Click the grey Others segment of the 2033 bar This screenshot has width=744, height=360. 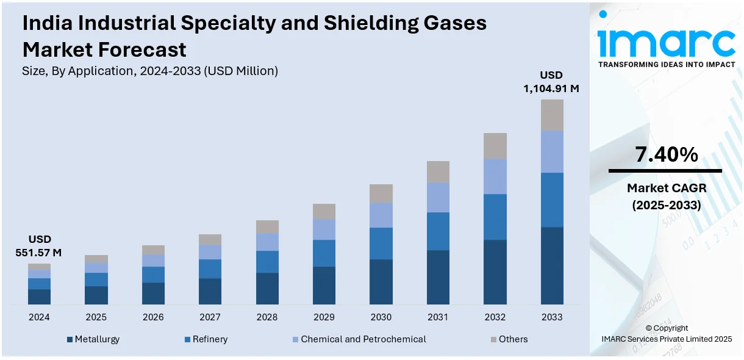coord(552,115)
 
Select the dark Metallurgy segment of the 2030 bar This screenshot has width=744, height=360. coord(381,281)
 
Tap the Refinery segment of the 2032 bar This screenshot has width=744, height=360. coord(495,217)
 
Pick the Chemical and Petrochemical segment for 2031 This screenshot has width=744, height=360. coord(438,197)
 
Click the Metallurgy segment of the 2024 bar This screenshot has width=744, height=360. coord(39,297)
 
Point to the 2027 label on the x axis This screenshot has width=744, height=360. coord(210,317)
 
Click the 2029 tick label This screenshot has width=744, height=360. coord(324,317)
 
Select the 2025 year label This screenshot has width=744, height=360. coord(96,317)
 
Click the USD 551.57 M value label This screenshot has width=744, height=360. coord(39,245)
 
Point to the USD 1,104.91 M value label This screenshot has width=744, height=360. coord(551,82)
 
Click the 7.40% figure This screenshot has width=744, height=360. coord(666,155)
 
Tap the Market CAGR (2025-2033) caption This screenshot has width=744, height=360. coord(666,197)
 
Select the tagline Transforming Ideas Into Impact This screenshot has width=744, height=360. coord(666,64)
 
